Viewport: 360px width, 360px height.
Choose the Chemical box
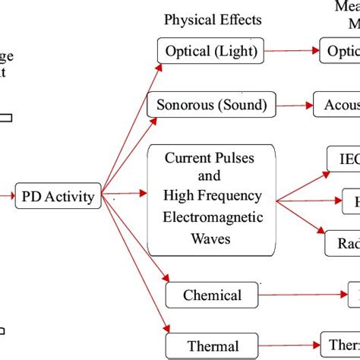(x=212, y=295)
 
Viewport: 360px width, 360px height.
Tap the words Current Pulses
(x=210, y=158)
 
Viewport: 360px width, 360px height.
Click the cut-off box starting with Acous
(x=337, y=105)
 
